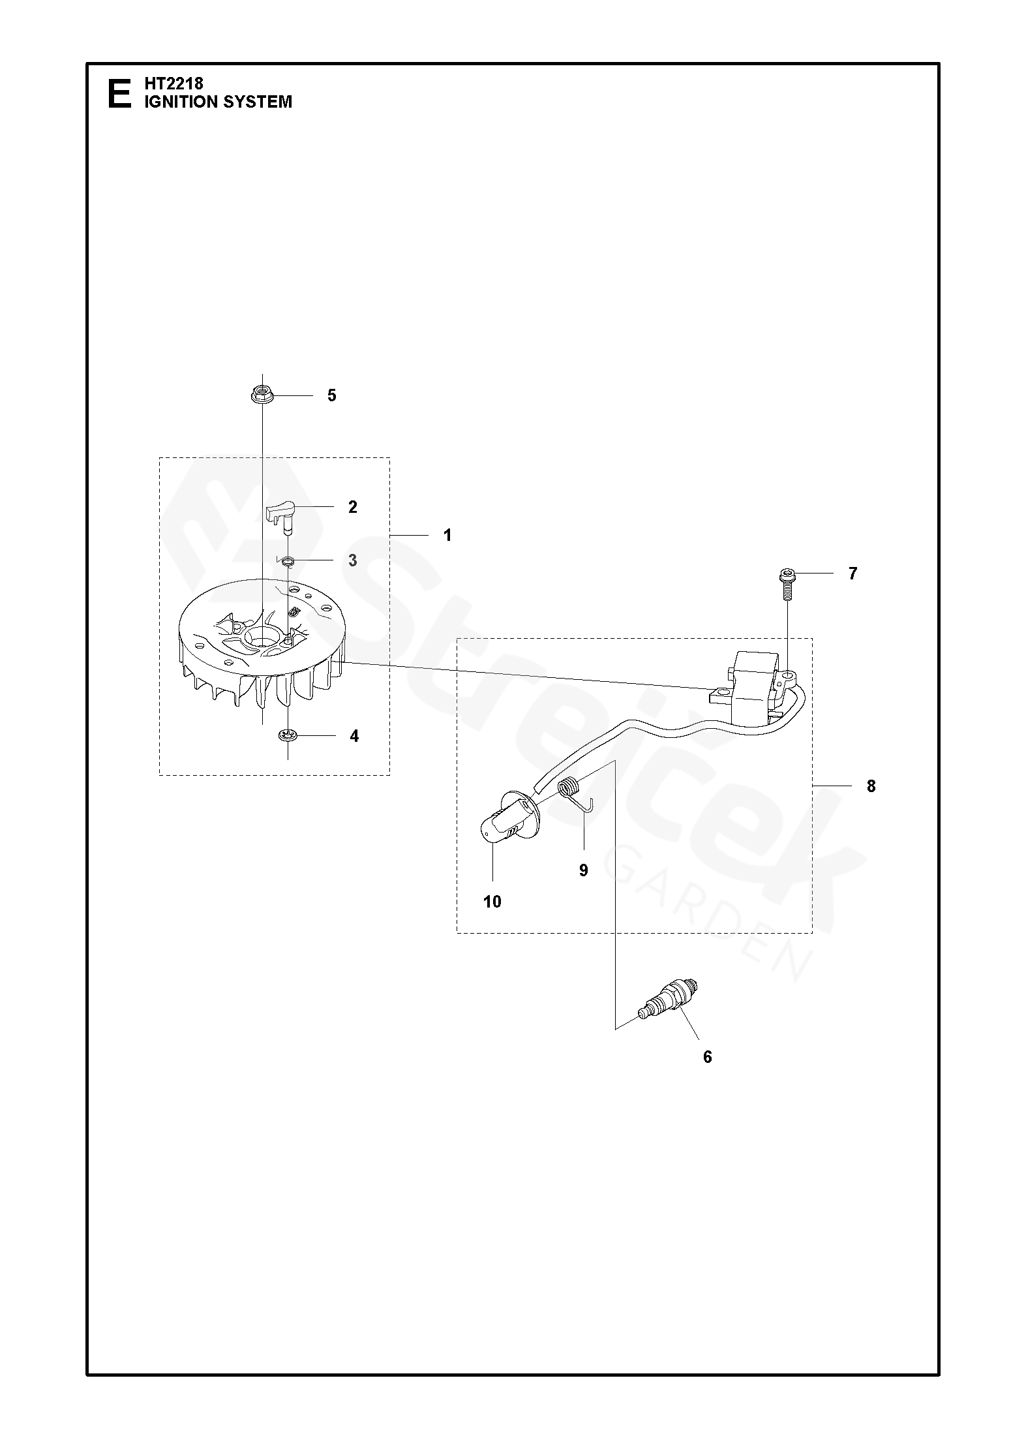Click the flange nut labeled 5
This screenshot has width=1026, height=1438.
pyautogui.click(x=262, y=395)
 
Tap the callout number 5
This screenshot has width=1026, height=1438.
pyautogui.click(x=331, y=395)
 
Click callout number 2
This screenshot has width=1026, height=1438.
pyautogui.click(x=353, y=507)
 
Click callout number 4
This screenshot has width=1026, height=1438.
pyautogui.click(x=354, y=736)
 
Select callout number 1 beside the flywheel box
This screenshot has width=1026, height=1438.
pyautogui.click(x=447, y=535)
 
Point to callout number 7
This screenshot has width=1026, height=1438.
pyautogui.click(x=852, y=574)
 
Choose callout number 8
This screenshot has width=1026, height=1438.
pyautogui.click(x=871, y=786)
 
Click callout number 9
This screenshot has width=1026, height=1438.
pyautogui.click(x=583, y=870)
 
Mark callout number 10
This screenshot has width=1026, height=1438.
pyautogui.click(x=492, y=902)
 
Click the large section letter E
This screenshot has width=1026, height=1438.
pyautogui.click(x=119, y=93)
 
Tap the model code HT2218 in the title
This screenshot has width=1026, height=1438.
pyautogui.click(x=174, y=84)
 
